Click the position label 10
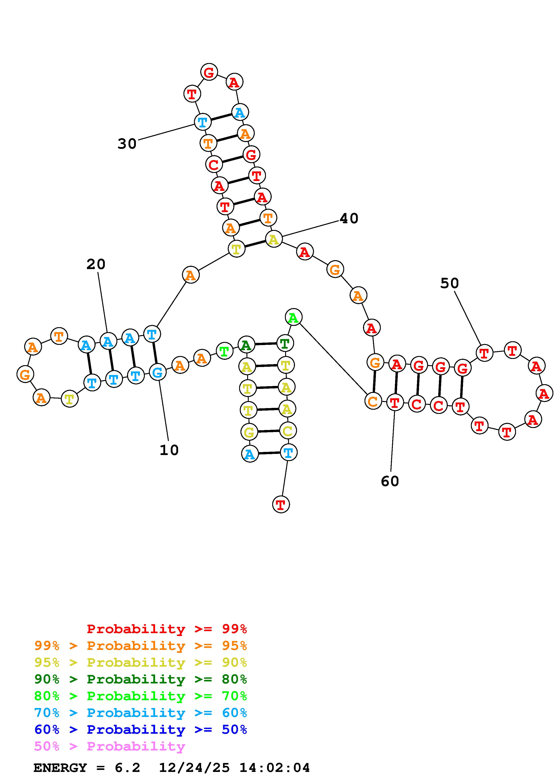tap(169, 450)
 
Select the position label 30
tap(127, 144)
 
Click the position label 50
tap(450, 283)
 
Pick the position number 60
tap(390, 481)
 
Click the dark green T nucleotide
tap(285, 343)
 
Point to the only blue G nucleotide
tap(157, 372)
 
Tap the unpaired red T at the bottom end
tap(281, 504)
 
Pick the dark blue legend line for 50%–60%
tap(141, 730)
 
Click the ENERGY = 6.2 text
tap(87, 768)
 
